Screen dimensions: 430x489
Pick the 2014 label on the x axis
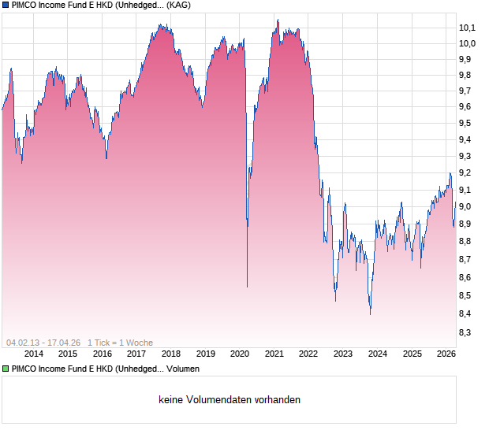point(34,354)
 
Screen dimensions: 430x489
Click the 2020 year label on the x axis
point(239,354)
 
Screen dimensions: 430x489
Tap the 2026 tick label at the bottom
point(446,354)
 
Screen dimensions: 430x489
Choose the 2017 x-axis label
point(136,354)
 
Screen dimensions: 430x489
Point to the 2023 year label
point(342,354)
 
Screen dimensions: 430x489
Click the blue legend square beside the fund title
point(6,5)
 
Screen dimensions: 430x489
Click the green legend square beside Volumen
point(6,369)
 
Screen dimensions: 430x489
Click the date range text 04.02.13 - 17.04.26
point(44,343)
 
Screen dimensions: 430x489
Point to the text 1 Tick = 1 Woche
point(120,343)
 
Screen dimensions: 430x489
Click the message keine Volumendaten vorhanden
point(230,400)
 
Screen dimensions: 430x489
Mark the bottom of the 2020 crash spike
point(247,287)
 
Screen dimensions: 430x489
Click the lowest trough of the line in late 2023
point(370,313)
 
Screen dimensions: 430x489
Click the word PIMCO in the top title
point(26,5)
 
